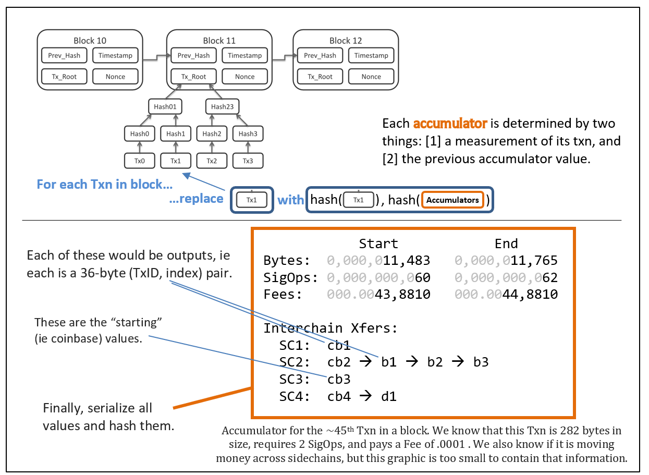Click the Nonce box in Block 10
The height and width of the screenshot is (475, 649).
[115, 77]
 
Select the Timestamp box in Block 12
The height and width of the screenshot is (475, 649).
[371, 56]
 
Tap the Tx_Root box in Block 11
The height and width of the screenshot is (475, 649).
[193, 77]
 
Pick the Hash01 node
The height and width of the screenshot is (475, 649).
[165, 107]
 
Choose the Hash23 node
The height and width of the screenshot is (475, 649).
[223, 107]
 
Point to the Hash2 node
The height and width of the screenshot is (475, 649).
[212, 134]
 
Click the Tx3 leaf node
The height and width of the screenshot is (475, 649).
[248, 161]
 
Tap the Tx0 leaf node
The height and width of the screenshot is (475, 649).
[140, 161]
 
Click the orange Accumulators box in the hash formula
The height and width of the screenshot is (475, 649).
[452, 200]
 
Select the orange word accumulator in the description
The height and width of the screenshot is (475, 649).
[450, 124]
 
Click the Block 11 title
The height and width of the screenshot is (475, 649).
[219, 41]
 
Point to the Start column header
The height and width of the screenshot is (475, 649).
[378, 243]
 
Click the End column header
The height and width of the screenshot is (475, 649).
[506, 243]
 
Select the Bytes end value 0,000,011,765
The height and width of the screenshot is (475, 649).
[506, 260]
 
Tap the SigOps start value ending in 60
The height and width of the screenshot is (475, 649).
[378, 277]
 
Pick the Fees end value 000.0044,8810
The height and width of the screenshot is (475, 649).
[506, 295]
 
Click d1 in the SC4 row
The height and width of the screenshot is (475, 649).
[389, 396]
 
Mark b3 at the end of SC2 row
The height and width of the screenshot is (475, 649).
[481, 362]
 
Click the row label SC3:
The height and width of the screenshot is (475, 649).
[295, 379]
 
